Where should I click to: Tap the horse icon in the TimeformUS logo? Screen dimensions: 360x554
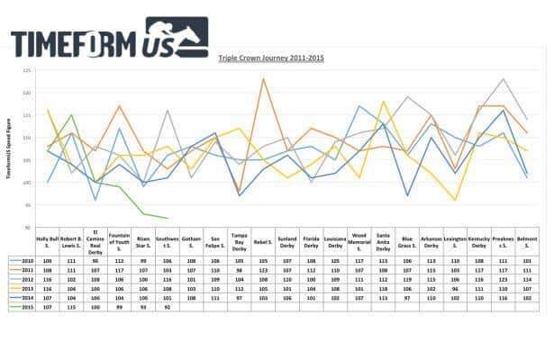click(x=185, y=37)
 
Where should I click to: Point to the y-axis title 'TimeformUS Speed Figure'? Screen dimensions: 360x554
click(x=13, y=149)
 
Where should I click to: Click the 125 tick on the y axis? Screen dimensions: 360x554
click(x=27, y=69)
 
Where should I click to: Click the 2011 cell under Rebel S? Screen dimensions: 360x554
click(x=263, y=268)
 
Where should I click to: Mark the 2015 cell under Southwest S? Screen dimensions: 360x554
click(x=168, y=307)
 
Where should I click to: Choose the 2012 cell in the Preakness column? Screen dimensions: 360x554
click(x=503, y=278)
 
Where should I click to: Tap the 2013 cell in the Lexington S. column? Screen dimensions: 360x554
click(x=455, y=287)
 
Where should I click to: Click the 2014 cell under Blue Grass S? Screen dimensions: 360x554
click(x=407, y=297)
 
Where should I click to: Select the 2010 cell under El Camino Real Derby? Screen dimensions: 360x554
click(x=95, y=258)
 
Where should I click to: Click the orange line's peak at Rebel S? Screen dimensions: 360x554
click(x=263, y=79)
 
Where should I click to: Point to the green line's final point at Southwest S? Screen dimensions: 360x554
click(x=168, y=218)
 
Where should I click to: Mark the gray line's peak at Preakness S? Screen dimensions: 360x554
click(x=503, y=79)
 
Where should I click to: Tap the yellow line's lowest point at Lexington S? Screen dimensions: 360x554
click(x=456, y=200)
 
